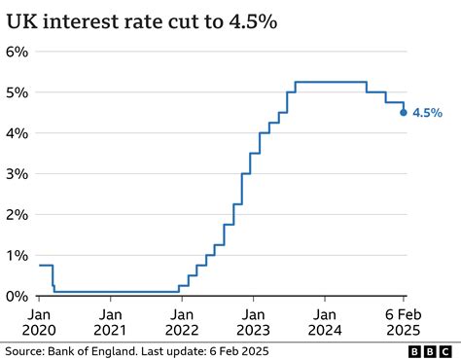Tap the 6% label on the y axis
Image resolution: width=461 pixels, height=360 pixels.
pyautogui.click(x=18, y=52)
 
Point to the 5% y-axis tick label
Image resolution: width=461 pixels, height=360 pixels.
pyautogui.click(x=18, y=92)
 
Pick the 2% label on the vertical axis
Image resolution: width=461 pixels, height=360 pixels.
pyautogui.click(x=18, y=214)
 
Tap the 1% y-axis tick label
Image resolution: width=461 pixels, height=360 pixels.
pyautogui.click(x=18, y=255)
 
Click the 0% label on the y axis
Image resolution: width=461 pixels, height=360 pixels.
pyautogui.click(x=18, y=295)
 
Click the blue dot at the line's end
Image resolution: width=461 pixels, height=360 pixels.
pyautogui.click(x=404, y=112)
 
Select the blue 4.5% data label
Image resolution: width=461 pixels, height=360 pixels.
pyautogui.click(x=428, y=113)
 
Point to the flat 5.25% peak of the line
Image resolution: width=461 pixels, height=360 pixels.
pyautogui.click(x=331, y=82)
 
